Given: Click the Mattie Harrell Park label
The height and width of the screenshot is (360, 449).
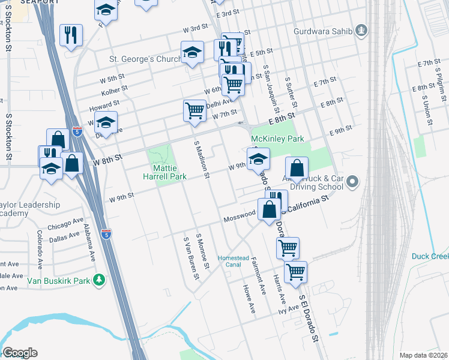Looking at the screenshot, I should click(x=164, y=172).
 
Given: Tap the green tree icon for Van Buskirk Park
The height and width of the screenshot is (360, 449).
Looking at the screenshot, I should click(x=100, y=280).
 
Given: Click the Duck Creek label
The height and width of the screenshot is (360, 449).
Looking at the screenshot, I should click(x=430, y=256).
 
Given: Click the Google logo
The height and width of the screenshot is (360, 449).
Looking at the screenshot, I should click(x=20, y=353).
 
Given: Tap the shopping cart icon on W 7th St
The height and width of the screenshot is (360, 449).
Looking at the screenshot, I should click(x=194, y=111).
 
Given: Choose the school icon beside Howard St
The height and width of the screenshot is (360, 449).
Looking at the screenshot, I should click(x=106, y=124).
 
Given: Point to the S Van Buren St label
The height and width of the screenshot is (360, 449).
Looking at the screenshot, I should click(x=191, y=258).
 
